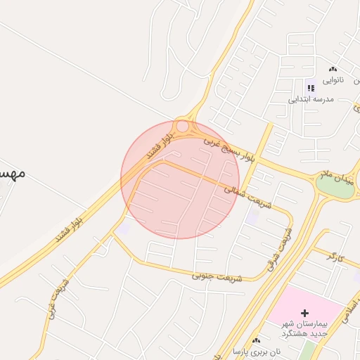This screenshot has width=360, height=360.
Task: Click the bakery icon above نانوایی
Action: (333, 69)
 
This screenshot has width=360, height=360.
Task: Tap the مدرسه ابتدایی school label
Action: (310, 99)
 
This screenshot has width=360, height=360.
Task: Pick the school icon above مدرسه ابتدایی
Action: (310, 88)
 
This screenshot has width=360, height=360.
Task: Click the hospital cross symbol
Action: (304, 312)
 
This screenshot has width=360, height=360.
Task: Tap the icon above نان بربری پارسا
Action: (256, 340)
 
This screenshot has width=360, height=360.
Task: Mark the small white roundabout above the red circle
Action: (182, 127)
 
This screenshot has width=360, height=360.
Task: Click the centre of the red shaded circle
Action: (180, 180)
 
